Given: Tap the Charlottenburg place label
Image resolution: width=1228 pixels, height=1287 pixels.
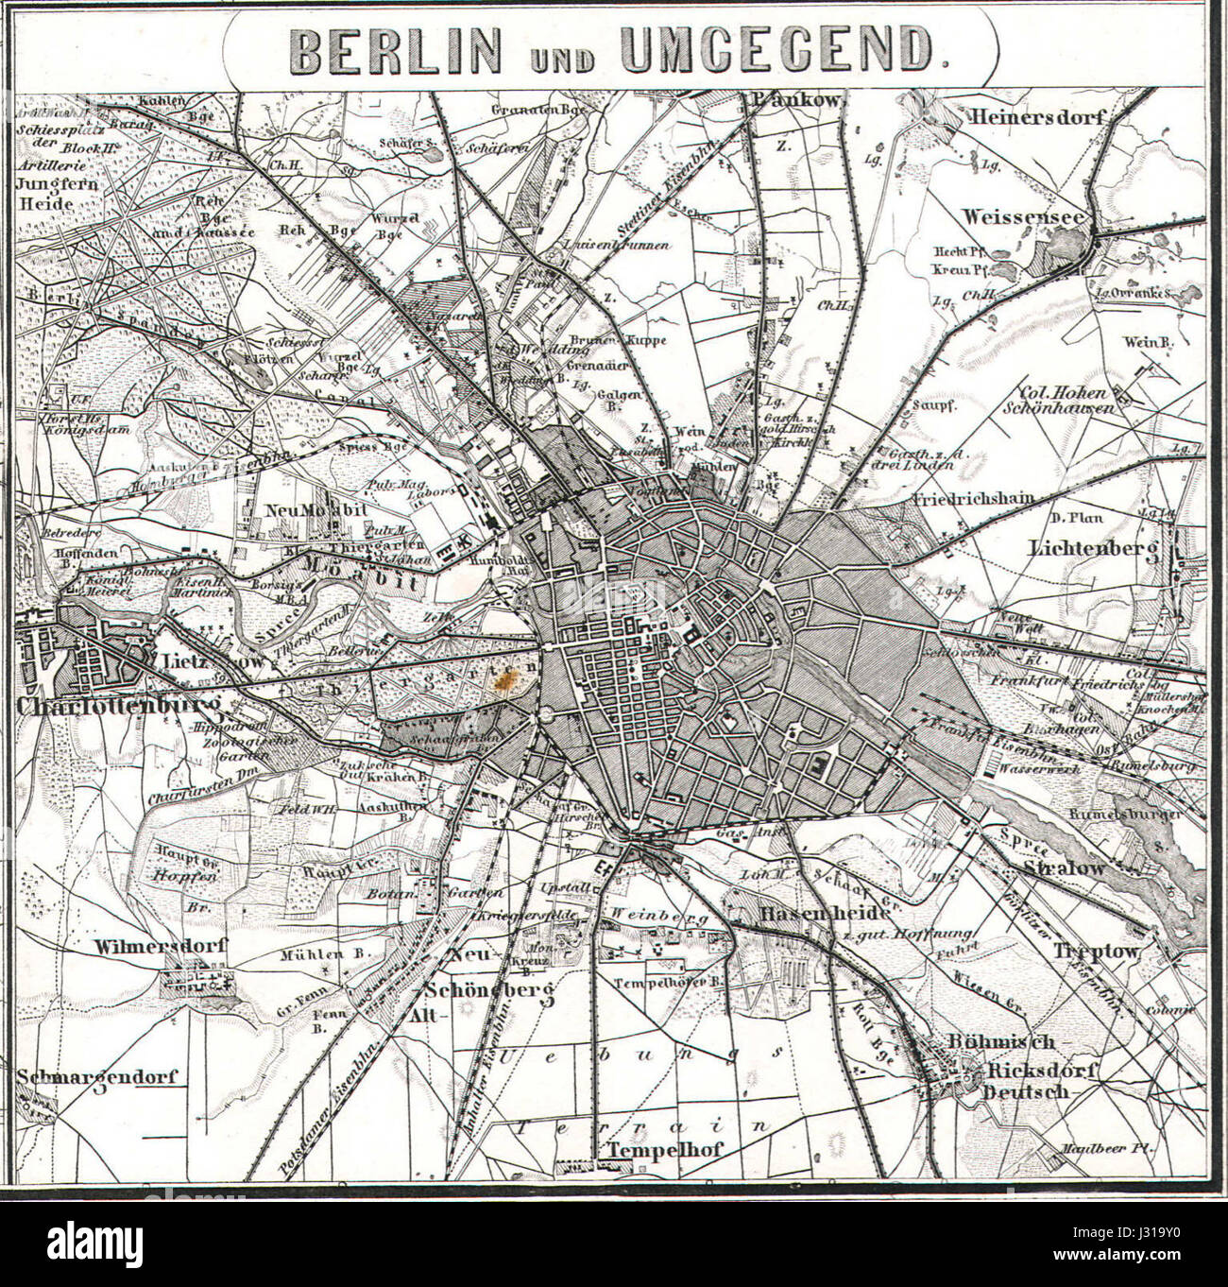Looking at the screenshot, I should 118,707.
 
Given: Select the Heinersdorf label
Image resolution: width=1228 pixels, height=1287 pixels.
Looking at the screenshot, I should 1036,117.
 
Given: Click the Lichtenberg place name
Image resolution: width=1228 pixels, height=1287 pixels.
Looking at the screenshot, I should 1093,548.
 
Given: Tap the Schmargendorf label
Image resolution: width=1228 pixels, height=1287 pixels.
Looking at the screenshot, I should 97,1076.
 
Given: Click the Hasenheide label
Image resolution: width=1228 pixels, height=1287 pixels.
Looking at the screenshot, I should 823,914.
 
